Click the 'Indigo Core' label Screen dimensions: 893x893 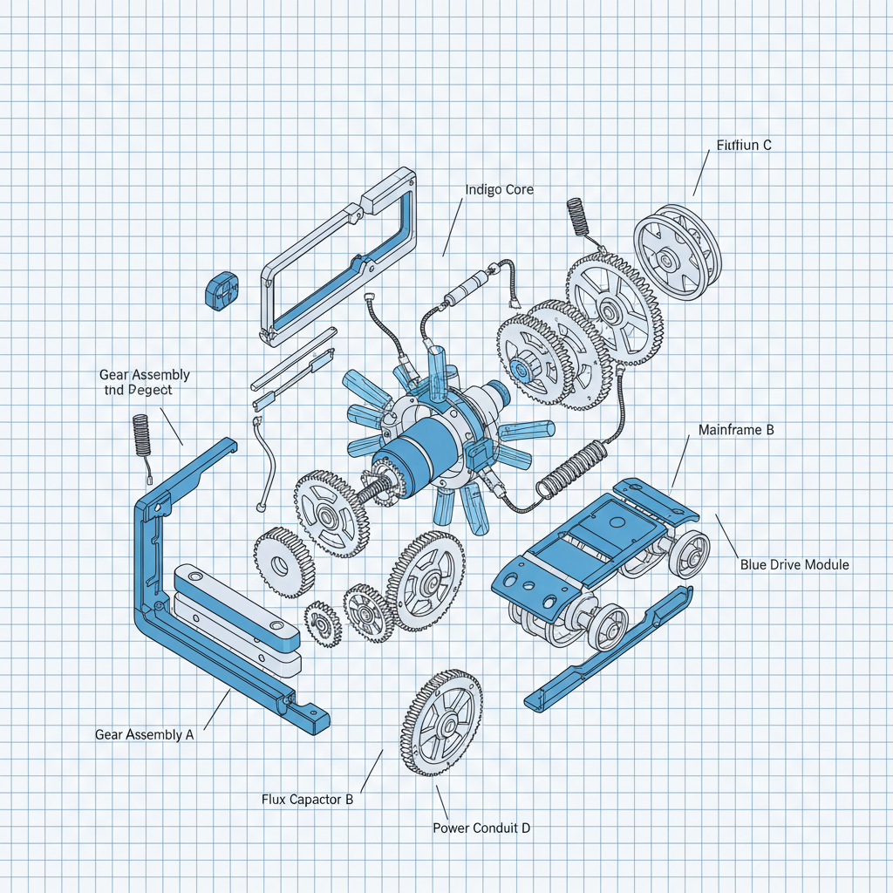pyautogui.click(x=499, y=189)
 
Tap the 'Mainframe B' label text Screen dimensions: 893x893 pyautogui.click(x=736, y=430)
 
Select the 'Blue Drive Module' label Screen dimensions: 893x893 pyautogui.click(x=794, y=565)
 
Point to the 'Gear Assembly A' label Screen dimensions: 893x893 pyautogui.click(x=144, y=734)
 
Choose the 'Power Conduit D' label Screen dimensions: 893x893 pyautogui.click(x=481, y=828)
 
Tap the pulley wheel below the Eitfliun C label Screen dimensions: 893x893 pyautogui.click(x=678, y=252)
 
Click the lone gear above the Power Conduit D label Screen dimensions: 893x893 pyautogui.click(x=442, y=724)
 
